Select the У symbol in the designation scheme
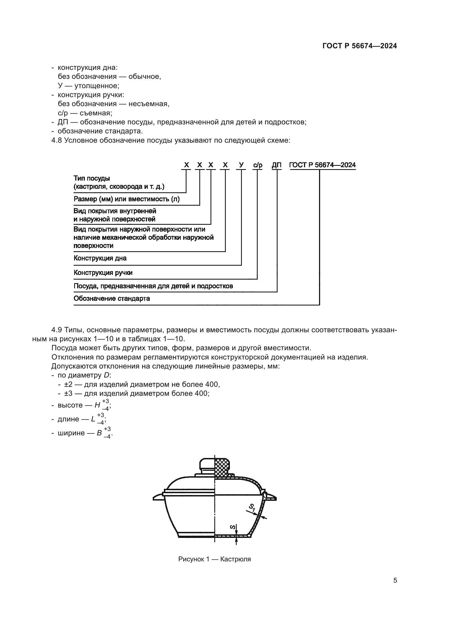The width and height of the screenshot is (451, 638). [x=241, y=165]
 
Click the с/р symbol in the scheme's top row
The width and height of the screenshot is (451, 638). [x=257, y=165]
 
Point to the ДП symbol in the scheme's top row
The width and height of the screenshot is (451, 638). [x=276, y=165]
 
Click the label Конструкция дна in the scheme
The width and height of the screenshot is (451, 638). [x=100, y=258]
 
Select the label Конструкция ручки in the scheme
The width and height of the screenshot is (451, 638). [x=103, y=272]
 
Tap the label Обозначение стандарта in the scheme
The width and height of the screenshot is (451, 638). [x=112, y=298]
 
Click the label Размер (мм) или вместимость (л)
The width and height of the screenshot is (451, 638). [x=126, y=199]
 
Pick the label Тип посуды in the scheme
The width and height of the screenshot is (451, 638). [x=92, y=178]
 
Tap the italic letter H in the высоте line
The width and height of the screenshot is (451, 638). [x=97, y=405]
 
